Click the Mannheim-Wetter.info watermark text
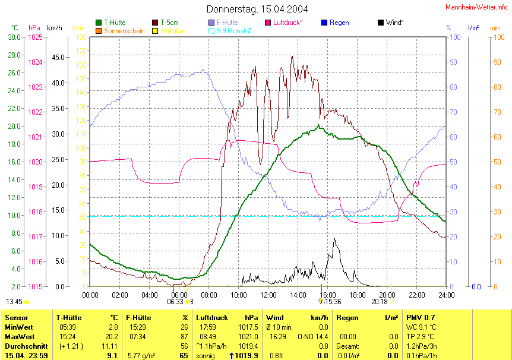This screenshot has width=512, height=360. (476, 7)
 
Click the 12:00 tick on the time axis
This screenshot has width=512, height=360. (268, 295)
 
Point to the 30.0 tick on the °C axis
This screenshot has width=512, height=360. (14, 37)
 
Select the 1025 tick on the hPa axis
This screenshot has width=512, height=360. (35, 37)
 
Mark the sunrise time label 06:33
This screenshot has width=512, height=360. (175, 302)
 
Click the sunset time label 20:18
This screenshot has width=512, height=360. (380, 302)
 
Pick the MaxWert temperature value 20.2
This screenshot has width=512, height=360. (111, 337)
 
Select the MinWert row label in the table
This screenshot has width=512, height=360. (18, 327)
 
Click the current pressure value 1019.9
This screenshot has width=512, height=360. (247, 356)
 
